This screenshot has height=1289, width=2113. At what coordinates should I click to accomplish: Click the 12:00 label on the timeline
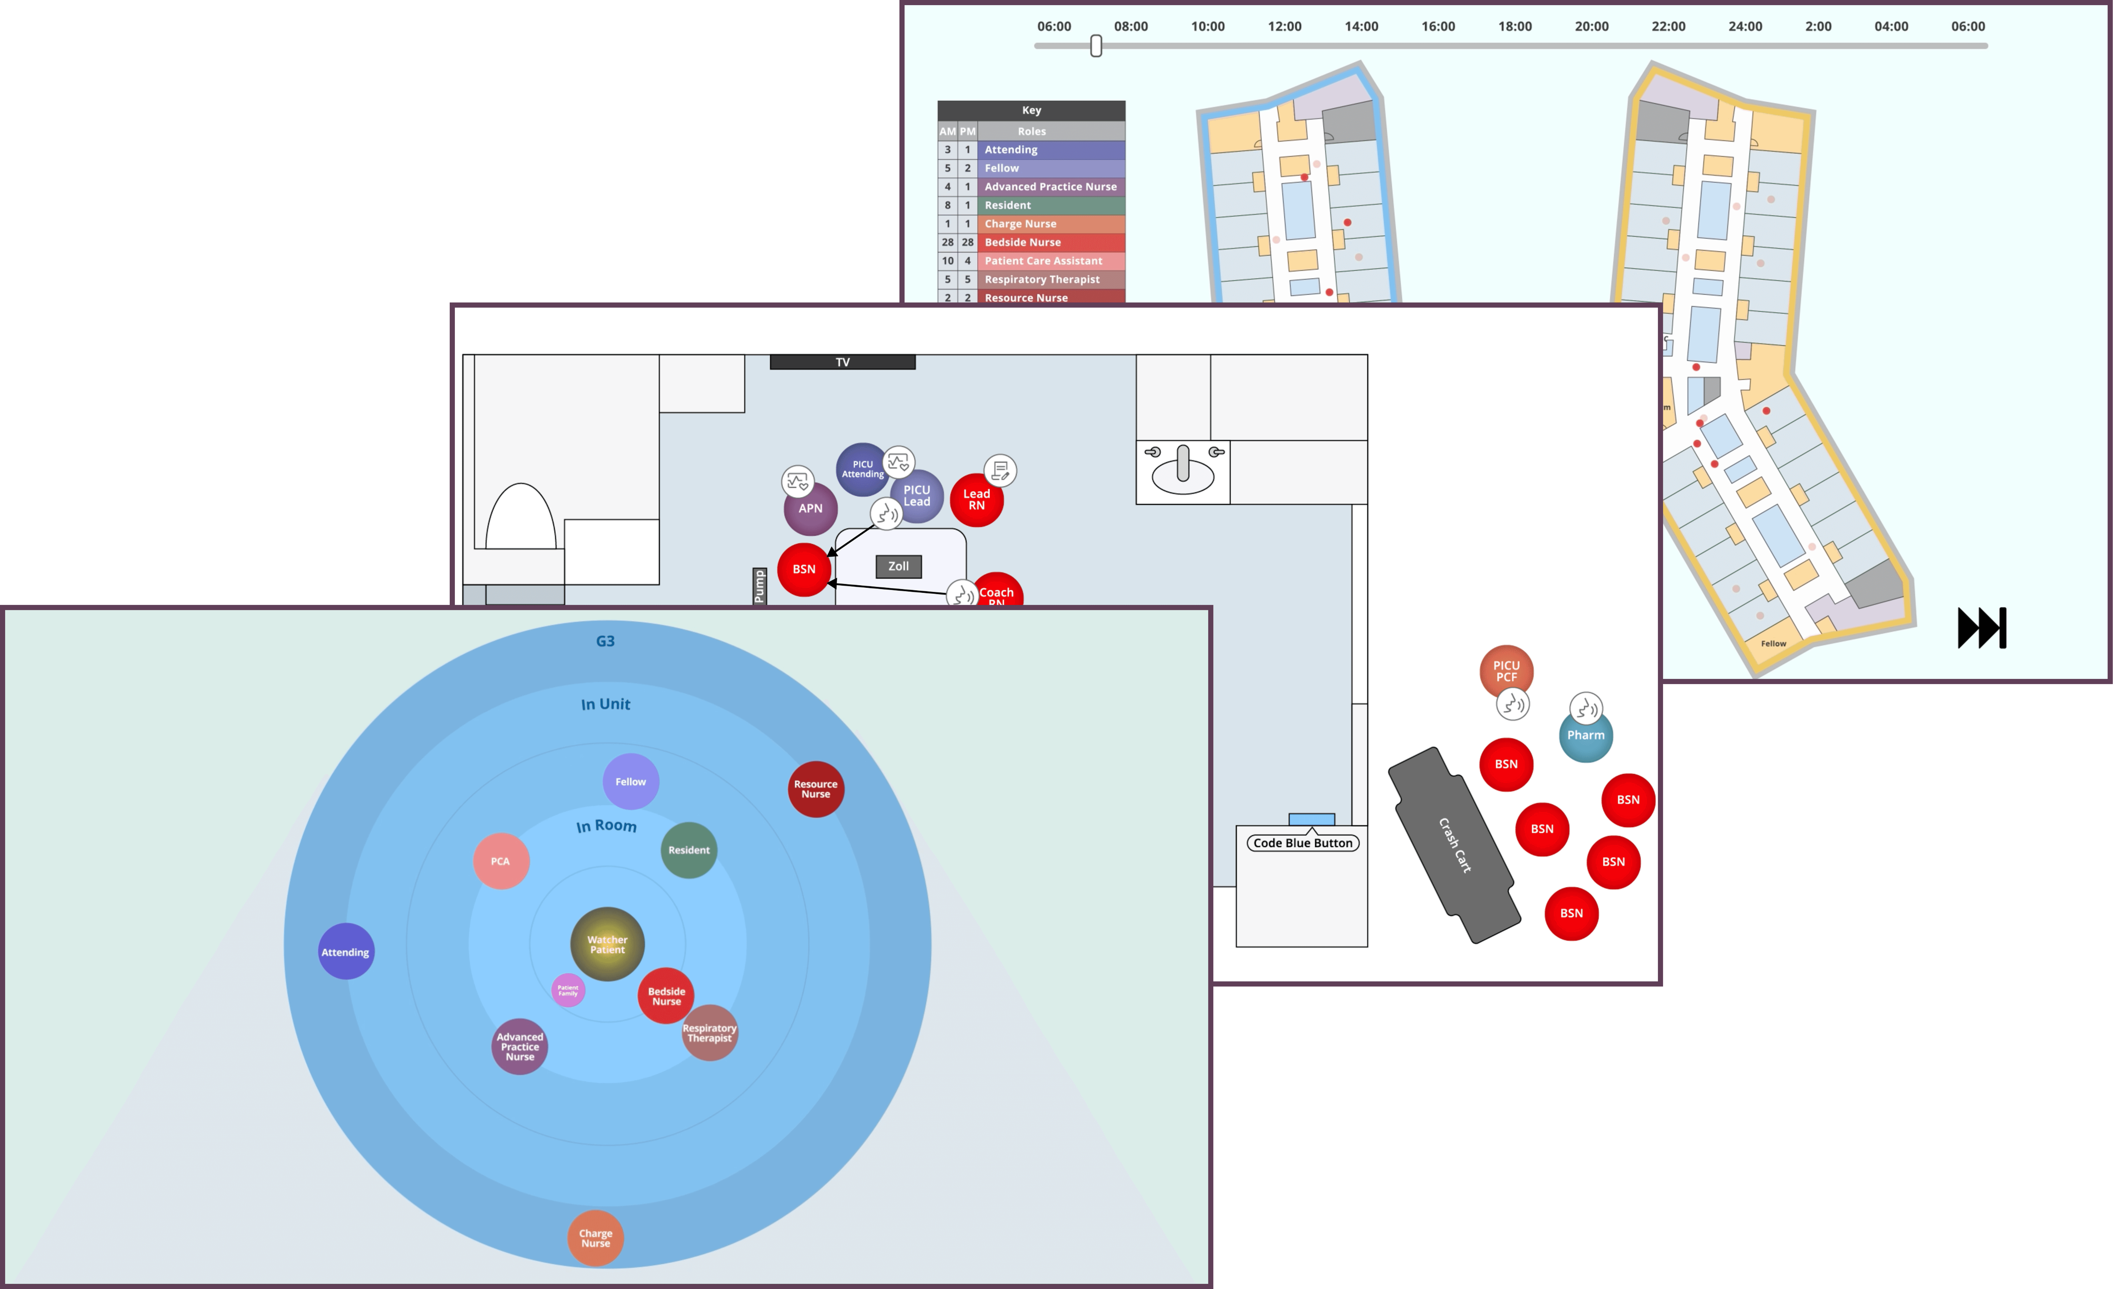click(x=1284, y=27)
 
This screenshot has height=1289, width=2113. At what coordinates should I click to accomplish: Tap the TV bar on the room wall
click(x=842, y=362)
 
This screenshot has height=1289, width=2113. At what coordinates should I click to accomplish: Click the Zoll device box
click(x=898, y=566)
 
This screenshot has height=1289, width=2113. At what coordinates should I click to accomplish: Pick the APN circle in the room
click(x=810, y=509)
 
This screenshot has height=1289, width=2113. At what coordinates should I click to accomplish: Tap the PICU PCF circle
click(x=1505, y=671)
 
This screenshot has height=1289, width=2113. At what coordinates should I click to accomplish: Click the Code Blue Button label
click(x=1302, y=843)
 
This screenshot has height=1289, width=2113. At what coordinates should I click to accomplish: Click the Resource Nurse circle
click(x=816, y=789)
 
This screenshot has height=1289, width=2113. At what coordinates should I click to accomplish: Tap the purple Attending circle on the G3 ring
click(x=346, y=952)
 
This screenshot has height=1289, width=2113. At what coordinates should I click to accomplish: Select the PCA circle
click(x=501, y=861)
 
